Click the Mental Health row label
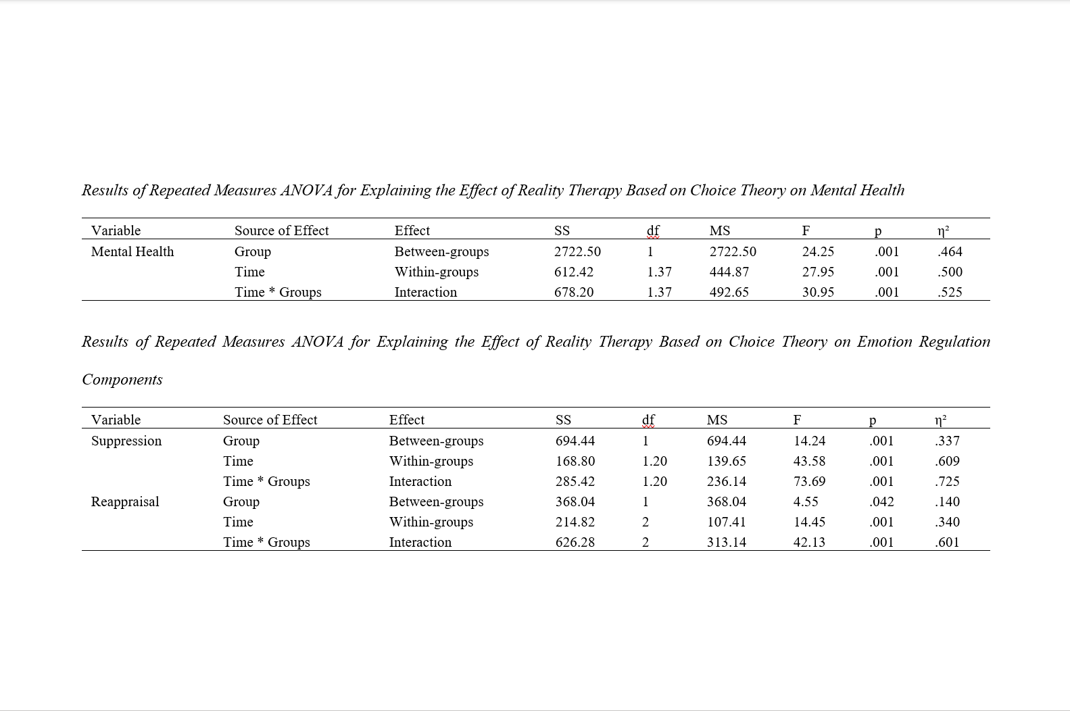tap(132, 251)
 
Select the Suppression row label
tap(126, 441)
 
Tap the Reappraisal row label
tap(125, 501)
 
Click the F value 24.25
tap(818, 251)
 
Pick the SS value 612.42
tap(574, 272)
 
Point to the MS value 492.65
tap(729, 292)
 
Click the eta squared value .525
tap(950, 292)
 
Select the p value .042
tap(881, 501)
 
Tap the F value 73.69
tap(809, 481)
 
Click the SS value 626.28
tap(575, 542)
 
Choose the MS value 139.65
tap(726, 461)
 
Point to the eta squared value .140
tap(947, 501)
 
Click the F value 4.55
tap(806, 501)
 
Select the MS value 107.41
tap(726, 522)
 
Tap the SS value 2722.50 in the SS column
tap(577, 251)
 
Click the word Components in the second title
tap(122, 379)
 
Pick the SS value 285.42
tap(575, 481)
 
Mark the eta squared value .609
tap(947, 461)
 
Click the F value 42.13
tap(809, 542)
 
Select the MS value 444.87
tap(729, 272)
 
